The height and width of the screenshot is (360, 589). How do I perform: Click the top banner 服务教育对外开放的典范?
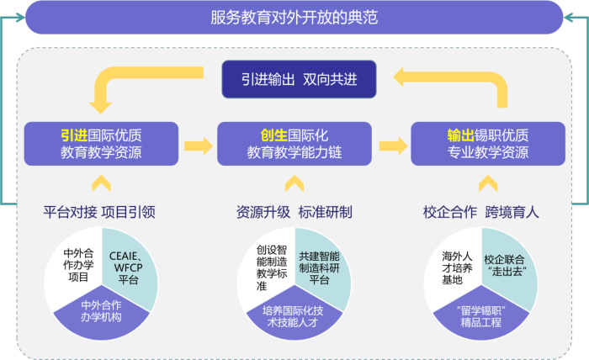tap(294, 17)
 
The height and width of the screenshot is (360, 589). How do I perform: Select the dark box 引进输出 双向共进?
tap(294, 80)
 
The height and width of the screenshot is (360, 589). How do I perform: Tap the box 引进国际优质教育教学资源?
tap(101, 143)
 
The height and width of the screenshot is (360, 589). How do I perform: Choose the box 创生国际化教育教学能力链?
tap(294, 143)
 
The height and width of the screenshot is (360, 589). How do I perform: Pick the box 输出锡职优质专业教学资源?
tap(488, 143)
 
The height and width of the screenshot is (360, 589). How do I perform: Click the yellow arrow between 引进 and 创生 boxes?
tap(199, 145)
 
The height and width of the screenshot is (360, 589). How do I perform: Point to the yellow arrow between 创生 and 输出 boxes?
tap(392, 145)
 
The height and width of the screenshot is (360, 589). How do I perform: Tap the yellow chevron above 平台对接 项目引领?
tap(101, 182)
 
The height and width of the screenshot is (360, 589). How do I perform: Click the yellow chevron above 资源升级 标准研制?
tap(294, 182)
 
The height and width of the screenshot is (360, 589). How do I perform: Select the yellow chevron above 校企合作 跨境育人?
tap(488, 182)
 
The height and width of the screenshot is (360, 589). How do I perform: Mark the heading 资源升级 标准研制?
tap(294, 212)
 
